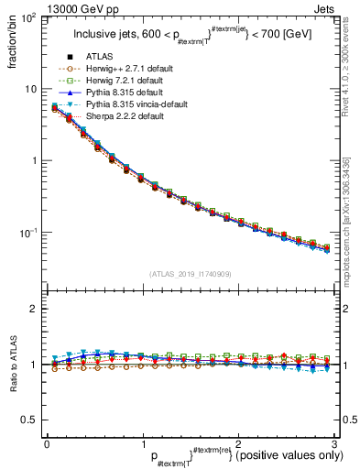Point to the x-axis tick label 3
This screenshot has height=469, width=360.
[x=334, y=443]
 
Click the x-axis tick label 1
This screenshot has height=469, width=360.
[x=143, y=443]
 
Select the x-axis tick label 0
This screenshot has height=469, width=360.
[x=47, y=443]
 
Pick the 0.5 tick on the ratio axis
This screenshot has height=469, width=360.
[x=32, y=420]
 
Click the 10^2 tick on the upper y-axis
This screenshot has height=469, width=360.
[x=30, y=19]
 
